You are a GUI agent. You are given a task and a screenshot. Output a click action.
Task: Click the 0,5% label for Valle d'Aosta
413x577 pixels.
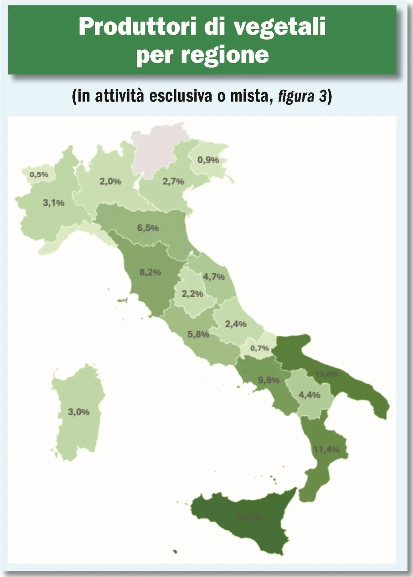39,174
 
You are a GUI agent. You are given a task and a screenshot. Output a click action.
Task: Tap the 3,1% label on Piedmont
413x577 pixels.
53,203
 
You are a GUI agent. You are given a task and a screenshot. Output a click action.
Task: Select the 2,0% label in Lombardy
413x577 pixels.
110,181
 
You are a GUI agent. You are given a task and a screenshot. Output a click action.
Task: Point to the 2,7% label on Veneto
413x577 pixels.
173,181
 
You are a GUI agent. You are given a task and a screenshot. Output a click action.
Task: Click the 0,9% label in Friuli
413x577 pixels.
208,160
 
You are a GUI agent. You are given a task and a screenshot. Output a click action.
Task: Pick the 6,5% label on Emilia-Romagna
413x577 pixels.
148,228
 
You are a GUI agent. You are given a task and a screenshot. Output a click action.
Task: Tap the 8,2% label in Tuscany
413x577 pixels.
150,272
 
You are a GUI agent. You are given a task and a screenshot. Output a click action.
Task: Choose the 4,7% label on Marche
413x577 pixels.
214,277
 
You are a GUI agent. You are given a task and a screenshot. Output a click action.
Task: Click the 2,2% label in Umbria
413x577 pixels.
192,294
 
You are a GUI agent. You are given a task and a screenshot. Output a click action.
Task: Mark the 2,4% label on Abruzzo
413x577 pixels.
236,324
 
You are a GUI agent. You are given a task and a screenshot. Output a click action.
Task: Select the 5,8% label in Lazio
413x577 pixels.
198,334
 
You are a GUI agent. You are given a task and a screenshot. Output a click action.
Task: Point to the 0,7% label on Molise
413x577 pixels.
260,348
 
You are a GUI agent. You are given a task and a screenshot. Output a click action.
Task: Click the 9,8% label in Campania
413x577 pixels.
269,380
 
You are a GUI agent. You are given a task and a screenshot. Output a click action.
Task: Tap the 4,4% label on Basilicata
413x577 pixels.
309,395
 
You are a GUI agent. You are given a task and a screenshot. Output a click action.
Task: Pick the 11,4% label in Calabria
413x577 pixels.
327,449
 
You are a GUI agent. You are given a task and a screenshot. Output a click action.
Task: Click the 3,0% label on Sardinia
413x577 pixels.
79,412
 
